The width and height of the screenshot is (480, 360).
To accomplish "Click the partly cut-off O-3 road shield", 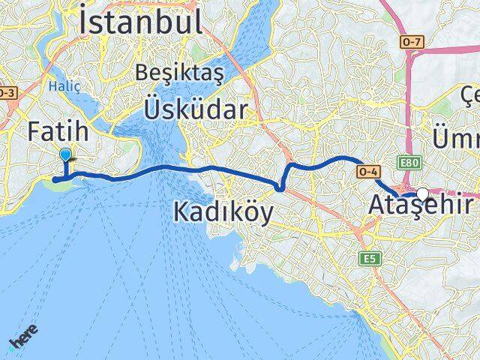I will [6, 93].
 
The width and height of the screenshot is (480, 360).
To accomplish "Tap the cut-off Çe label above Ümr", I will [470, 95].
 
